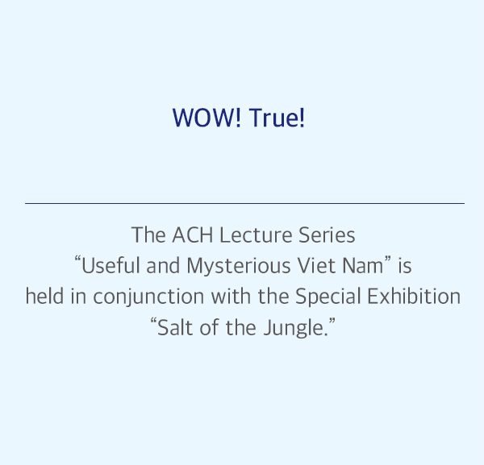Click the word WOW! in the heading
point(207,118)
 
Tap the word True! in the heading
point(277,118)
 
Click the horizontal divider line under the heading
point(244,204)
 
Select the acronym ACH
point(192,235)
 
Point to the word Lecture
point(256,235)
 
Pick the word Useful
point(111,265)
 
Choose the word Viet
point(316,265)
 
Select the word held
point(44,296)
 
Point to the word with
point(231,296)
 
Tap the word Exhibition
point(414,296)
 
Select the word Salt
point(175,327)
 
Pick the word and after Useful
point(163,265)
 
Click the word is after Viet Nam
point(405,265)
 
